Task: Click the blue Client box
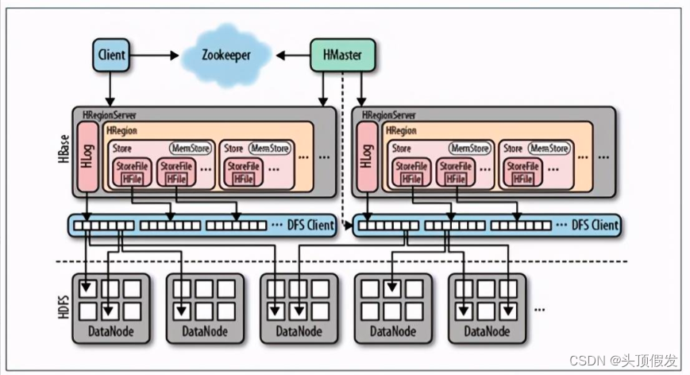pyautogui.click(x=111, y=55)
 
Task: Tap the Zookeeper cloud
pyautogui.click(x=226, y=55)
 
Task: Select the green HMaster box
pyautogui.click(x=343, y=55)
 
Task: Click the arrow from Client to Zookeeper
pyautogui.click(x=154, y=56)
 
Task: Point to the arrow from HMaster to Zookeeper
pyautogui.click(x=293, y=56)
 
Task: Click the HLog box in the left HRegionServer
pyautogui.click(x=87, y=157)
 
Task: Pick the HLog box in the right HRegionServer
pyautogui.click(x=367, y=157)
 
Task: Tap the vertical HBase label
pyautogui.click(x=64, y=149)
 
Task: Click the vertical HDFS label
pyautogui.click(x=64, y=307)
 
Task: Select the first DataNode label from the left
pyautogui.click(x=111, y=331)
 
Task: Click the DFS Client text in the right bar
pyautogui.click(x=595, y=225)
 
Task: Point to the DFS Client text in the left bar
pyautogui.click(x=310, y=225)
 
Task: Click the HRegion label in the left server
pyautogui.click(x=122, y=131)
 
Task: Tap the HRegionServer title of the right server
pyautogui.click(x=388, y=115)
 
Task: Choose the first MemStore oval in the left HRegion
pyautogui.click(x=191, y=149)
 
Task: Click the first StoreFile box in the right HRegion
pyautogui.click(x=411, y=172)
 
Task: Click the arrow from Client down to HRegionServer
pyautogui.click(x=110, y=89)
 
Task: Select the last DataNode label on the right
pyautogui.click(x=488, y=331)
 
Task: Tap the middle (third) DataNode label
pyautogui.click(x=299, y=331)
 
